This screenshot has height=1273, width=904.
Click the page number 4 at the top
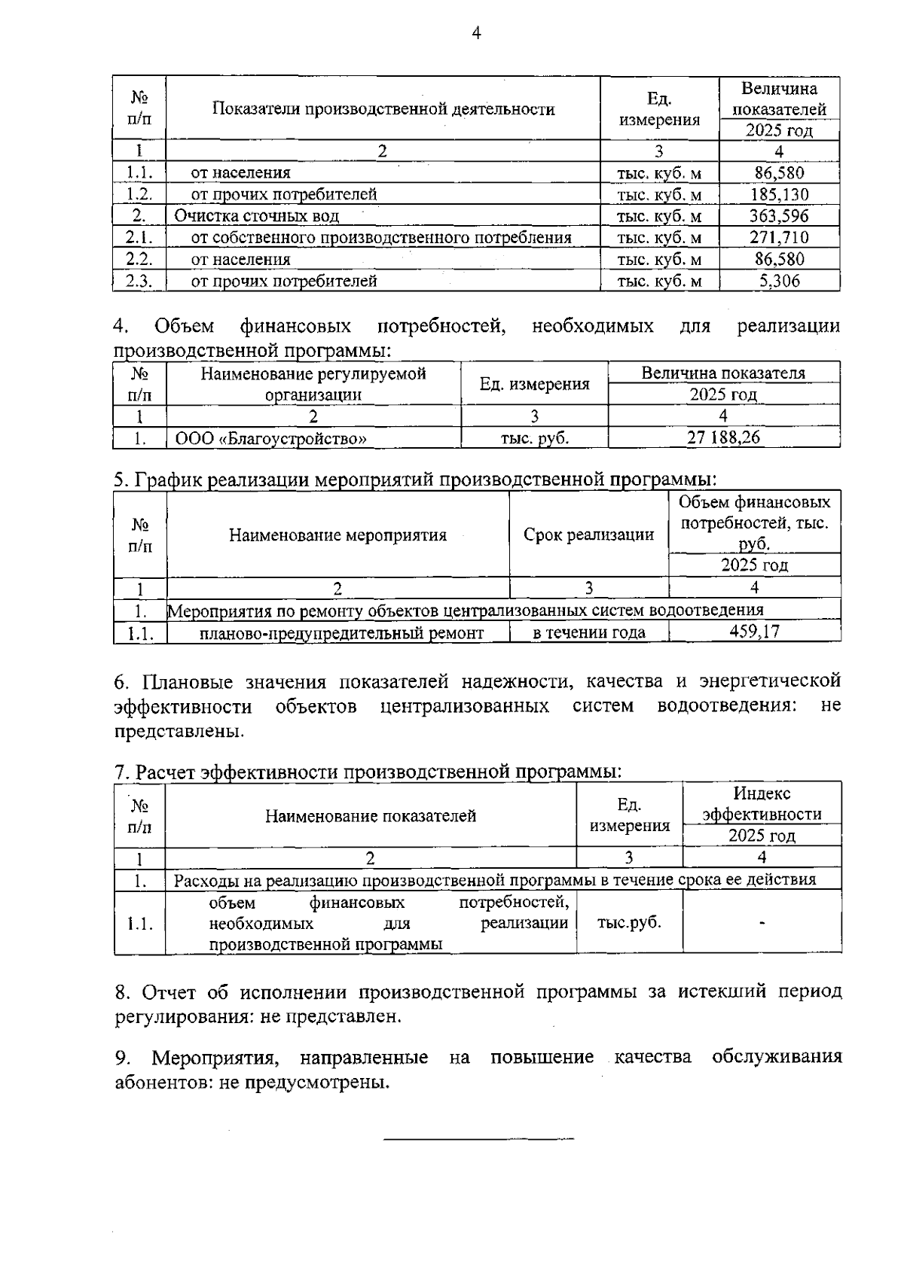click(475, 32)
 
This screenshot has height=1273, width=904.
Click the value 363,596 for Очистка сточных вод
click(779, 216)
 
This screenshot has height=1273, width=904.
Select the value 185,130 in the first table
click(779, 194)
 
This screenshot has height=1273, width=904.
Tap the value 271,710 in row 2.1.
click(779, 238)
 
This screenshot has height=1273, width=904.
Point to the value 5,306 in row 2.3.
click(779, 282)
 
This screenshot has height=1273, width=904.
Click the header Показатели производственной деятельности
click(383, 109)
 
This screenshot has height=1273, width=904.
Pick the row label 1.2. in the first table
click(139, 194)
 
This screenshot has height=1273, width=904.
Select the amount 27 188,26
click(723, 437)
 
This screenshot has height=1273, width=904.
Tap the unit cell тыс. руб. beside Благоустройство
click(534, 438)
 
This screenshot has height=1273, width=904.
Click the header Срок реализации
click(588, 535)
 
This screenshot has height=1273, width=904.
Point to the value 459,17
click(754, 632)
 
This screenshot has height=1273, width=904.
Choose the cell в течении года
click(588, 632)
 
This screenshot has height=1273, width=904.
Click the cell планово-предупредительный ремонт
click(341, 633)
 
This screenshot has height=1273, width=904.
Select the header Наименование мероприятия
click(337, 535)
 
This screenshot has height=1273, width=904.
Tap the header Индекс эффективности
click(762, 804)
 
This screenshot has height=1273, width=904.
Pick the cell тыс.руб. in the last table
click(629, 922)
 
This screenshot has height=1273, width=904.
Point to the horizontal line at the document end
click(478, 1138)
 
